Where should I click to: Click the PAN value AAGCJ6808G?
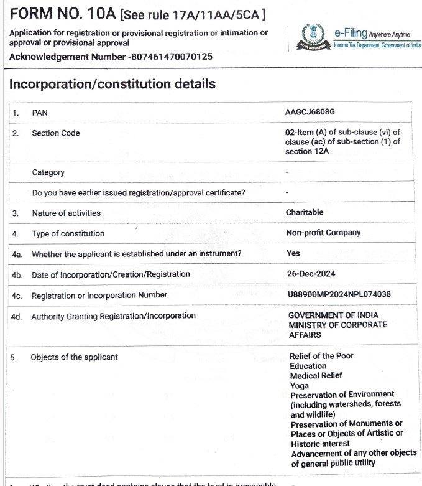(310, 112)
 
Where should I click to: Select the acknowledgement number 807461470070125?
(171, 57)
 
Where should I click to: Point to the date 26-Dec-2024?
(310, 274)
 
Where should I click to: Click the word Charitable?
(305, 212)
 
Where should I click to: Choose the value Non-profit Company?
(323, 233)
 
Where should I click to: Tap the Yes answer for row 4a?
(293, 253)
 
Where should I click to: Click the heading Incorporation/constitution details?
(112, 84)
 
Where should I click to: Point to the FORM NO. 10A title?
(63, 14)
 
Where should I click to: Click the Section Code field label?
(56, 133)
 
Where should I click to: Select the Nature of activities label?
(66, 213)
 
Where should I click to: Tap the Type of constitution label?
(68, 233)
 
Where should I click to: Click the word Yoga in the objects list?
(299, 385)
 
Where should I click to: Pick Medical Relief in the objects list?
(316, 375)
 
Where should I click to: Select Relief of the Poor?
(321, 356)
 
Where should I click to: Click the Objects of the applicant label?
(74, 357)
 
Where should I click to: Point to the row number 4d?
(17, 317)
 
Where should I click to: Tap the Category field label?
(48, 172)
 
